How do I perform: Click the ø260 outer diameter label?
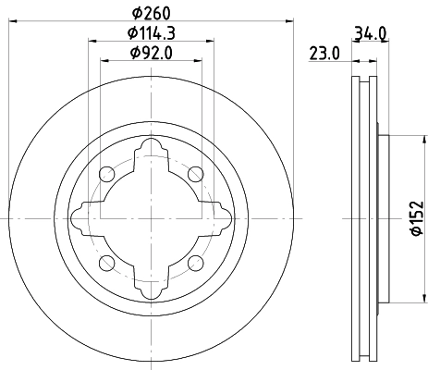(x=150, y=13)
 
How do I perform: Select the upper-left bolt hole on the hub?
(x=106, y=174)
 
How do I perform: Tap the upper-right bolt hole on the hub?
(x=194, y=174)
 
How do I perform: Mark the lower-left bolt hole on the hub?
(x=106, y=263)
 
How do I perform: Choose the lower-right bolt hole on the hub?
(x=194, y=263)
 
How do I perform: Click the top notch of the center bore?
(x=151, y=149)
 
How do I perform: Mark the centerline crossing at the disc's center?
(x=151, y=218)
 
